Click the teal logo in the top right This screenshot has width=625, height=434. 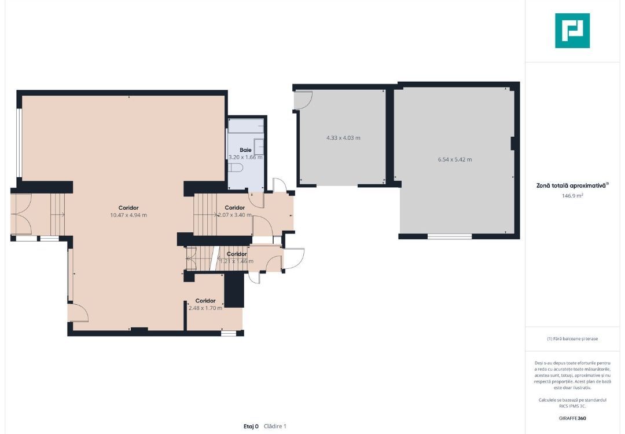tap(572, 31)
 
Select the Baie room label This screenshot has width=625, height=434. tap(245, 150)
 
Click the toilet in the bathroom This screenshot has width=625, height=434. tap(236, 167)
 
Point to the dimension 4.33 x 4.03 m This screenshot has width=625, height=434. tap(343, 138)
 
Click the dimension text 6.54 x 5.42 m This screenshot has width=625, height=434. tap(454, 159)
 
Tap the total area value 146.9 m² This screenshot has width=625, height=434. tap(572, 196)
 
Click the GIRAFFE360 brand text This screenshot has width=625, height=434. tap(572, 418)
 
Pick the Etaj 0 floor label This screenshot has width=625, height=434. tap(251, 426)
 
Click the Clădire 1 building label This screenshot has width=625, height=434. tap(275, 426)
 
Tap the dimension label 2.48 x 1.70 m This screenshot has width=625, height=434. tap(205, 308)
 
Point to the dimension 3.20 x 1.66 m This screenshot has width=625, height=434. tap(245, 158)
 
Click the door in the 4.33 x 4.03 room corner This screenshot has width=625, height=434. tap(303, 100)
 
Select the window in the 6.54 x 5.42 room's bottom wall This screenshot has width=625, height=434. tap(450, 236)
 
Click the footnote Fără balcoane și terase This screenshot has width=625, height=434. tap(572, 338)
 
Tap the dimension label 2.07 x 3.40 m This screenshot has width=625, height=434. tap(235, 215)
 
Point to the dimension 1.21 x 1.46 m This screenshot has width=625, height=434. tap(237, 261)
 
